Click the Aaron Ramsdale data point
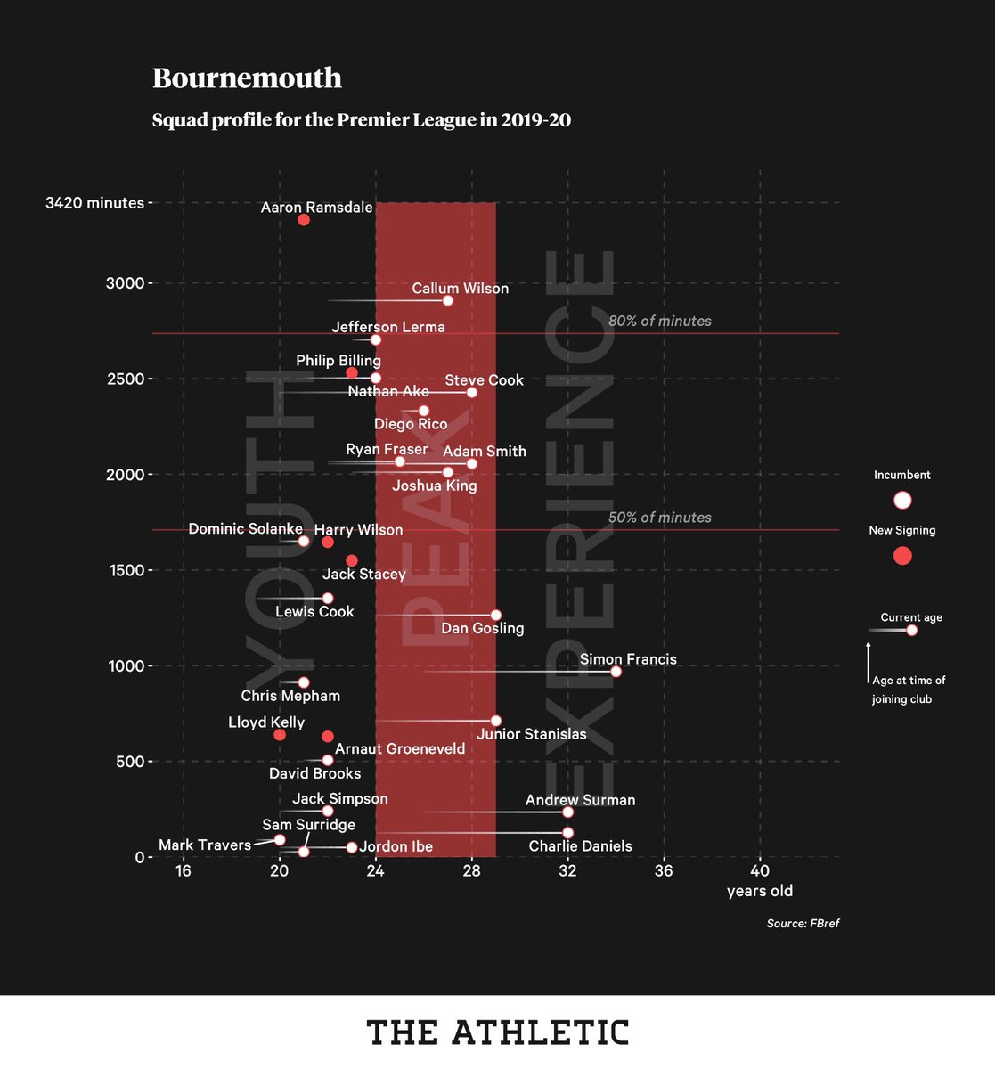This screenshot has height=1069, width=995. pyautogui.click(x=304, y=219)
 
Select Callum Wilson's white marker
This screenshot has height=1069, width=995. pyautogui.click(x=448, y=300)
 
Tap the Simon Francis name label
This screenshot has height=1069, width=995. pyautogui.click(x=628, y=659)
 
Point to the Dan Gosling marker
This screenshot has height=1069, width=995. pyautogui.click(x=496, y=616)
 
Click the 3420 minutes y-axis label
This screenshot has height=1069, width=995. pyautogui.click(x=94, y=203)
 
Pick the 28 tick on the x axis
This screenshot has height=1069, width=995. pyautogui.click(x=471, y=870)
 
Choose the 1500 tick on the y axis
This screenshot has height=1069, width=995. pyautogui.click(x=126, y=570)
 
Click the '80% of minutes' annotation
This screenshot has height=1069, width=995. pyautogui.click(x=659, y=321)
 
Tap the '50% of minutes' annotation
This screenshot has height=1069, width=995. pyautogui.click(x=659, y=518)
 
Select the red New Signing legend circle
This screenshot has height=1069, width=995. pyautogui.click(x=902, y=556)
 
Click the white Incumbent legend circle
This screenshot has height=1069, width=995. pyautogui.click(x=902, y=500)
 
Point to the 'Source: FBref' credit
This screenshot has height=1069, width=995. pyautogui.click(x=803, y=924)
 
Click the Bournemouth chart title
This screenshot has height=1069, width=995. pyautogui.click(x=247, y=78)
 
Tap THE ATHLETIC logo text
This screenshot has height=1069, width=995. pyautogui.click(x=497, y=1032)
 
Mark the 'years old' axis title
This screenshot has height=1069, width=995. pyautogui.click(x=759, y=891)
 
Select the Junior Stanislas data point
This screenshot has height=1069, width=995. pyautogui.click(x=496, y=721)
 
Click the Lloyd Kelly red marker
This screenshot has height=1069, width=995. pyautogui.click(x=280, y=735)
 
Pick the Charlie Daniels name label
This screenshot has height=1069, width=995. pyautogui.click(x=580, y=846)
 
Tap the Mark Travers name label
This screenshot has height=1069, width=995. pyautogui.click(x=205, y=845)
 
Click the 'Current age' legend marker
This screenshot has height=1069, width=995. pyautogui.click(x=911, y=630)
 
